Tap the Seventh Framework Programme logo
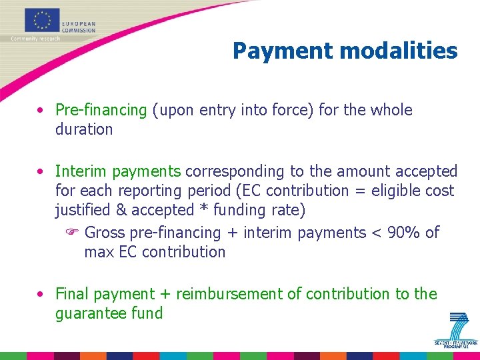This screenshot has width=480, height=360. point(456,328)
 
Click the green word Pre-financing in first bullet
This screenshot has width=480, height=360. point(101,110)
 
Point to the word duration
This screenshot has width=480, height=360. point(84,129)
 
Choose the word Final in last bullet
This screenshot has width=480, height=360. point(73,294)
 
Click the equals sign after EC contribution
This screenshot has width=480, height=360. point(359,191)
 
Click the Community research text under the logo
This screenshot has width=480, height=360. point(35,39)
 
